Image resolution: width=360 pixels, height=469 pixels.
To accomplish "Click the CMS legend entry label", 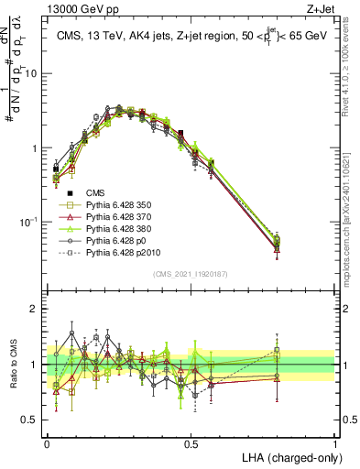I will tap(96, 193).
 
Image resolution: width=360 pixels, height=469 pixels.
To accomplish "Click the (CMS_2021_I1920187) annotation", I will tap(191, 274).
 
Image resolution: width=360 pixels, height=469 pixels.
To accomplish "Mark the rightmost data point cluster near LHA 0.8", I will tap(277, 243).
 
